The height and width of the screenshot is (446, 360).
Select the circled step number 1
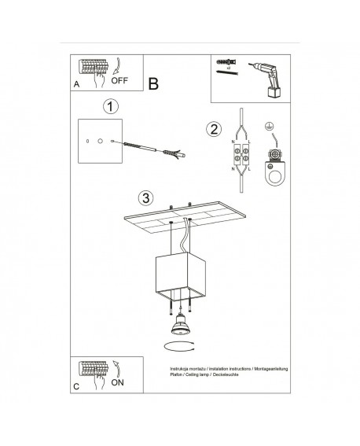112,106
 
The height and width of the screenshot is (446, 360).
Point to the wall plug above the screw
226,61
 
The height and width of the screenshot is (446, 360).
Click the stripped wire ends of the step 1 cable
178,154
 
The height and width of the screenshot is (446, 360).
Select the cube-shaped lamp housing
180,275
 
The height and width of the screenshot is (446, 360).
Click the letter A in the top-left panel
76,83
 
